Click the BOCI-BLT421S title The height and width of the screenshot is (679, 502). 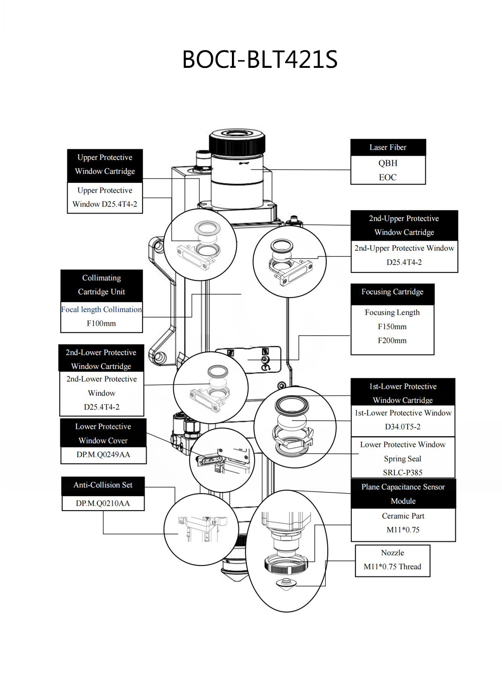260,59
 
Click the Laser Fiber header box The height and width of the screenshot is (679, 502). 388,147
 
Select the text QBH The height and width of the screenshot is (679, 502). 388,163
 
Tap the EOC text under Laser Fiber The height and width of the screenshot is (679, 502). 388,177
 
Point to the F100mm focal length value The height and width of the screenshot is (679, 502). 101,323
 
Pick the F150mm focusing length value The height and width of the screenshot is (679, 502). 392,326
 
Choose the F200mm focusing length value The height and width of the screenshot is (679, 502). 392,340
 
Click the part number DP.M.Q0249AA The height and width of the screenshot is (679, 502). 103,454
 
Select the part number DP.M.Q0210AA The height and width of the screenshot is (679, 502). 103,503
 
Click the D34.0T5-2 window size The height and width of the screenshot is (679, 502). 403,426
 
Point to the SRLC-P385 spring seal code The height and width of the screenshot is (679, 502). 403,472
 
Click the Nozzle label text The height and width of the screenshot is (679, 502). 393,552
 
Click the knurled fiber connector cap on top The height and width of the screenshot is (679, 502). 237,139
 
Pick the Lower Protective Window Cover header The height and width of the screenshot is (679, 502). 103,433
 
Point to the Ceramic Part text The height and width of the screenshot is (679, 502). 403,516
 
